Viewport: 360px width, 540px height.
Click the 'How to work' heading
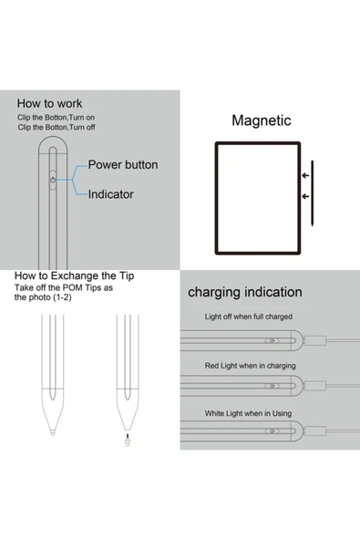pos(51,104)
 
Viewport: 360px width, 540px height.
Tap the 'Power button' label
pos(122,165)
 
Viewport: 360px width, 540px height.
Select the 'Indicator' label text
pos(110,194)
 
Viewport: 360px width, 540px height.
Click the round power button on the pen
pos(53,182)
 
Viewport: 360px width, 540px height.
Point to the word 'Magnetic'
pos(261,120)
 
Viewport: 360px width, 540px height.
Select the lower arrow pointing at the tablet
pos(303,195)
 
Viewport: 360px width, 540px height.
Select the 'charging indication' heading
pos(244,293)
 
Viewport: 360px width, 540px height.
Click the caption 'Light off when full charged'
pos(248,317)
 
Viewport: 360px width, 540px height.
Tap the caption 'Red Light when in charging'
pos(249,365)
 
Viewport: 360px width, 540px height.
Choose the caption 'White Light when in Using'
pos(248,413)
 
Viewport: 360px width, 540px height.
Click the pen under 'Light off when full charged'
pos(246,340)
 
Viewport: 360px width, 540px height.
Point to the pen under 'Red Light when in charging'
pos(246,389)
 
